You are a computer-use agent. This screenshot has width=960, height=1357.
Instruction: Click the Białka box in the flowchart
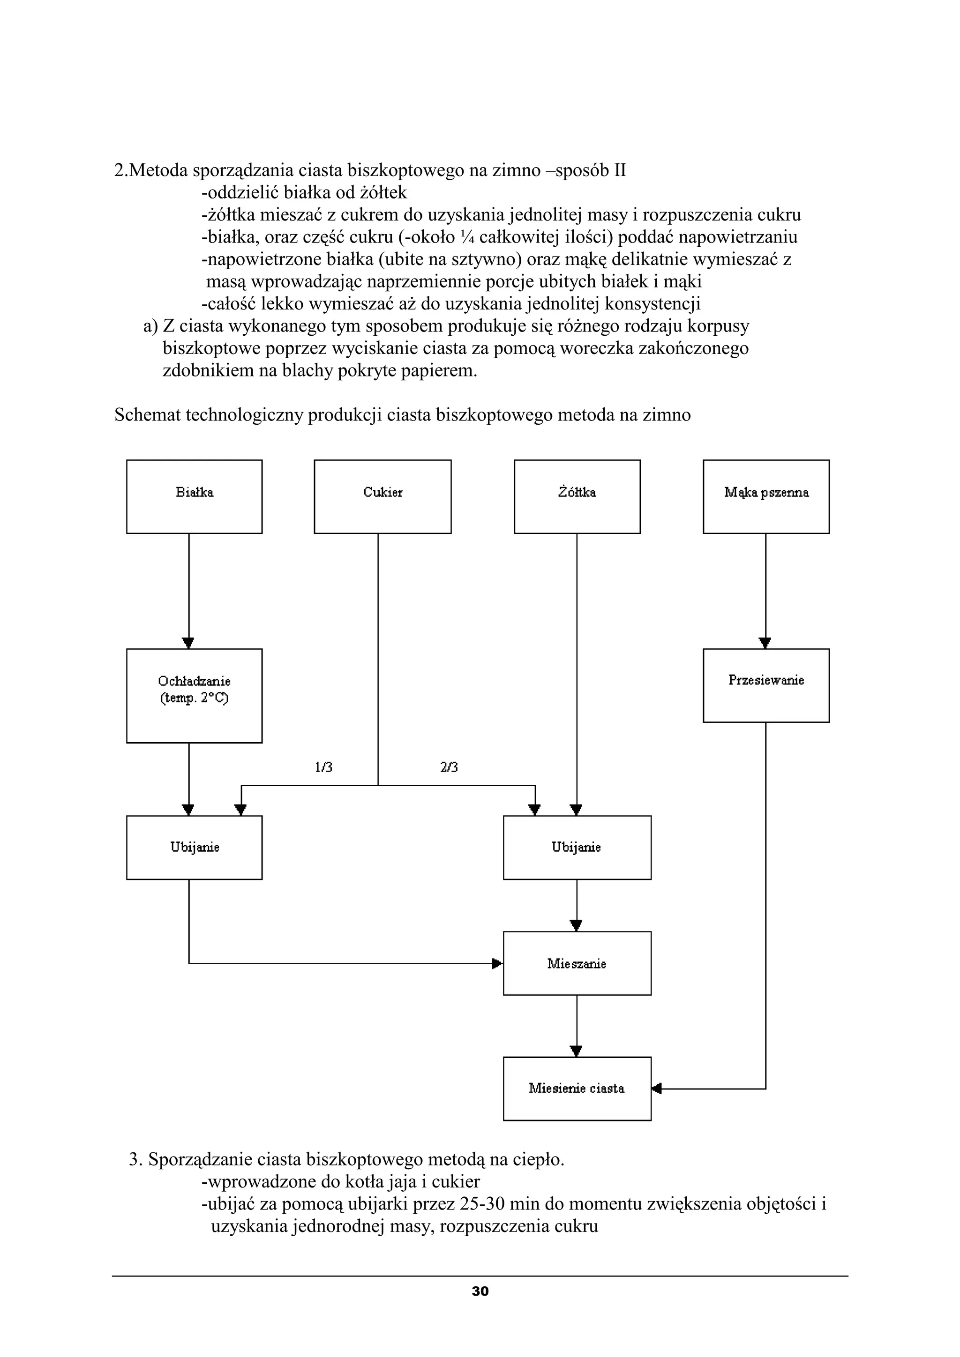pos(194,496)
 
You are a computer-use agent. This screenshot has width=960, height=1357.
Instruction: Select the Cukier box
pos(382,496)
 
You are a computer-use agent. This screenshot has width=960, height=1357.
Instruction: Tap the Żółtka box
pos(577,496)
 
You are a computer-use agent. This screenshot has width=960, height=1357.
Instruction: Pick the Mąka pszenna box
pos(766,496)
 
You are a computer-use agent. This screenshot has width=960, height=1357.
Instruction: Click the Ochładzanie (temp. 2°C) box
pos(194,696)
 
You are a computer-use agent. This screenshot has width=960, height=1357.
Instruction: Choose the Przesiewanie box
pos(766,685)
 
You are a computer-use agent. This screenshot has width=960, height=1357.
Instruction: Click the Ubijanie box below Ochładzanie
pos(194,848)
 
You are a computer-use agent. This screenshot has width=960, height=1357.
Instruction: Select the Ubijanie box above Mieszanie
pos(577,848)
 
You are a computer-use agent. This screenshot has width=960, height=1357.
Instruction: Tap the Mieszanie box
pos(577,963)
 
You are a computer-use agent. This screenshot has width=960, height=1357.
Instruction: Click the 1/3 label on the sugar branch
pos(323,767)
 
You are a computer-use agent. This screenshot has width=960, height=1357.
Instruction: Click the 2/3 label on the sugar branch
pos(449,767)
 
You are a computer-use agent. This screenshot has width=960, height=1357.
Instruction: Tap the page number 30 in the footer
pos(480,1291)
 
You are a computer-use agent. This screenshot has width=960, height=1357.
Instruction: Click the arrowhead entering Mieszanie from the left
pos(498,963)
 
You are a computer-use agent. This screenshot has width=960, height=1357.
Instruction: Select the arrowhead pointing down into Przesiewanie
pos(765,643)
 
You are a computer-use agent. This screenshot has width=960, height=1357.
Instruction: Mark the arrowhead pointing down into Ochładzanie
pos(189,643)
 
